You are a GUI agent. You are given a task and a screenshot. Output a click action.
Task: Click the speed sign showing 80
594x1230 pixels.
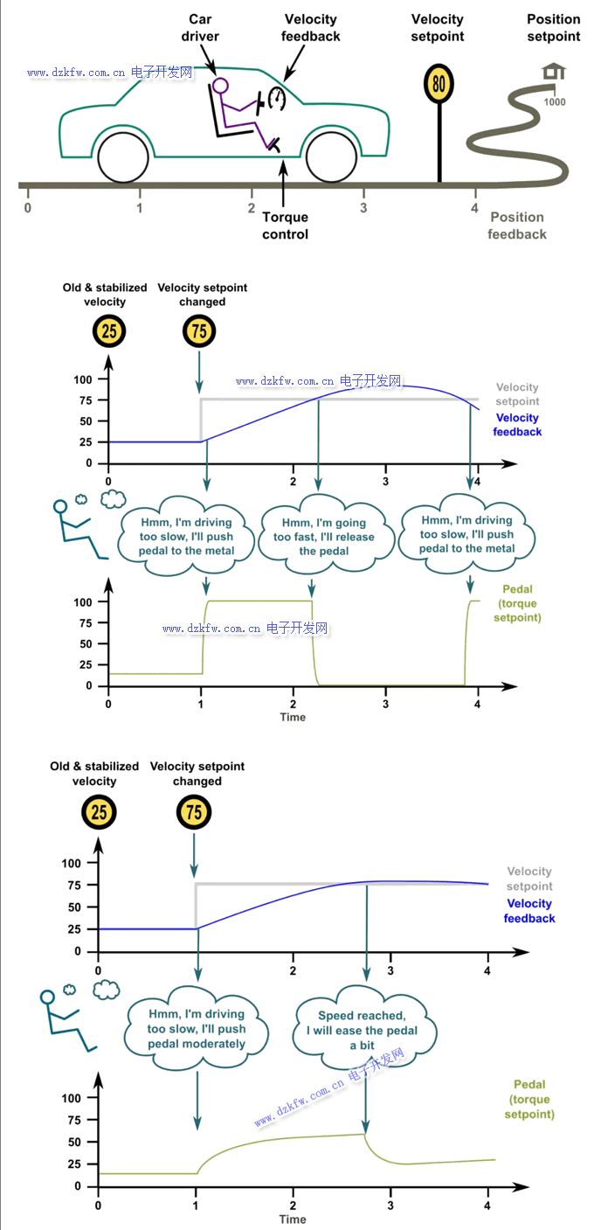click(439, 84)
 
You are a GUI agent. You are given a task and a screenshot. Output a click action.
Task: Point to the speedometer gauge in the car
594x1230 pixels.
click(277, 97)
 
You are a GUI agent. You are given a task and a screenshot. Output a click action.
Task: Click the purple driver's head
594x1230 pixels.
click(220, 86)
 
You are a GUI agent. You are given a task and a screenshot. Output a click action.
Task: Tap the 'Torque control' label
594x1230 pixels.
click(286, 226)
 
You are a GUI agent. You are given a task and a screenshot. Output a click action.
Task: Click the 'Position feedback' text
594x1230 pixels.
click(517, 226)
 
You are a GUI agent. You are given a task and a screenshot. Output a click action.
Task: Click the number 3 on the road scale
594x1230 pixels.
click(363, 208)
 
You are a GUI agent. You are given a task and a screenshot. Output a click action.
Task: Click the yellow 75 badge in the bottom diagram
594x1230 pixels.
click(193, 813)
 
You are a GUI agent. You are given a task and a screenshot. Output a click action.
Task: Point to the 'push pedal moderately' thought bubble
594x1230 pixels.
click(197, 1029)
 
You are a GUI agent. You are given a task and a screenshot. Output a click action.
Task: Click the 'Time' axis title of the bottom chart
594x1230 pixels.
click(293, 1219)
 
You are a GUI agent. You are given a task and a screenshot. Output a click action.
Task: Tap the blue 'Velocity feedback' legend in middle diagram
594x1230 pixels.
click(517, 425)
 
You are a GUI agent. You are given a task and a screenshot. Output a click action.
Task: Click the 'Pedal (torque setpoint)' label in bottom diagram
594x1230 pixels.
click(530, 1099)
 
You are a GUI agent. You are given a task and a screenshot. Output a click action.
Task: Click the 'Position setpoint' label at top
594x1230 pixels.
click(554, 28)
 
